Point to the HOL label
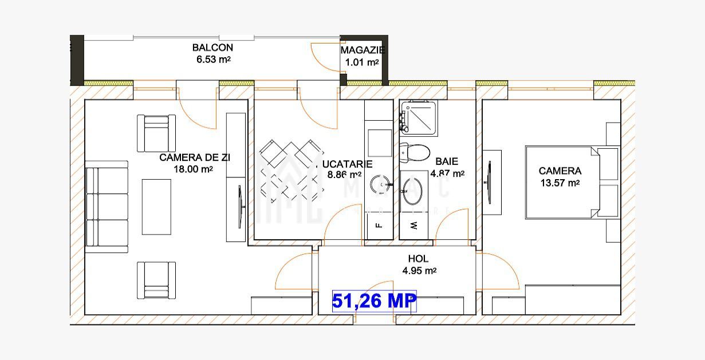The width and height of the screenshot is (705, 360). pos(418,259)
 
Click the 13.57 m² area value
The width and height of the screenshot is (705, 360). pos(560,183)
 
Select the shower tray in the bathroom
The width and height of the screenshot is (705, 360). pos(419,118)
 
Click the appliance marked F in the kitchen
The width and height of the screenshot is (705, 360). pos(379,225)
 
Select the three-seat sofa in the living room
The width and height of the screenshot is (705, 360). pos(107,207)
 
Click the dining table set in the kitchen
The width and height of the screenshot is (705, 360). pos(290,171)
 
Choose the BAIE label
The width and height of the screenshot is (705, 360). pos(447,162)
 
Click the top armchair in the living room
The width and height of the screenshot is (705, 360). pos(156,133)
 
